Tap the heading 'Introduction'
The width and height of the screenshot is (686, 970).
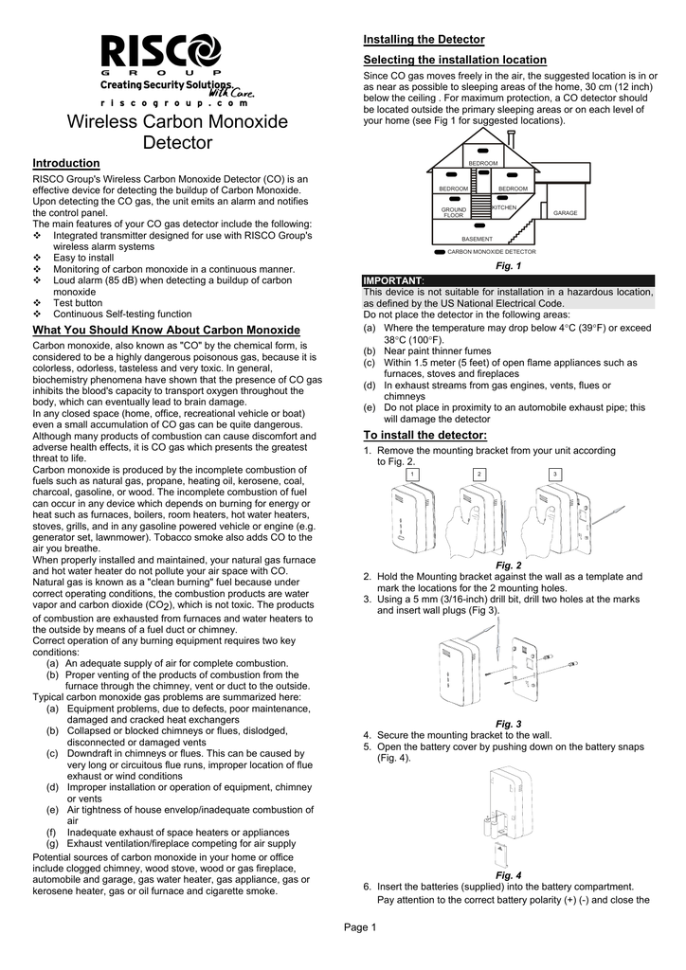tap(66, 164)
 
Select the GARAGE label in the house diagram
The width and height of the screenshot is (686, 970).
tap(566, 213)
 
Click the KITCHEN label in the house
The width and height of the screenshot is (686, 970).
tap(504, 207)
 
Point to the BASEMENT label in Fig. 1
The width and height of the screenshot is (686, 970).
tap(477, 239)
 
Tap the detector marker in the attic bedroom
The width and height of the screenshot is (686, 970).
tap(483, 151)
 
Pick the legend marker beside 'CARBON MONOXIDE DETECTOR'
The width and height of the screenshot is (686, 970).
tap(439, 253)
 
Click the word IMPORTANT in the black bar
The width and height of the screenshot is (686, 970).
tap(393, 281)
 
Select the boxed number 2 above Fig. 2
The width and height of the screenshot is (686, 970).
tap(479, 473)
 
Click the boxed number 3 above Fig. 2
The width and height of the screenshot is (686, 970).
tap(555, 473)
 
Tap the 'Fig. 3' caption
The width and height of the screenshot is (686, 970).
tap(509, 724)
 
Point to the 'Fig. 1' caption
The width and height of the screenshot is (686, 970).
tap(509, 268)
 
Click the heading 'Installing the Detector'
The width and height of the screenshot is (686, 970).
tap(424, 39)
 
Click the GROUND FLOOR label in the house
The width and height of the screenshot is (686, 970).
tap(454, 212)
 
